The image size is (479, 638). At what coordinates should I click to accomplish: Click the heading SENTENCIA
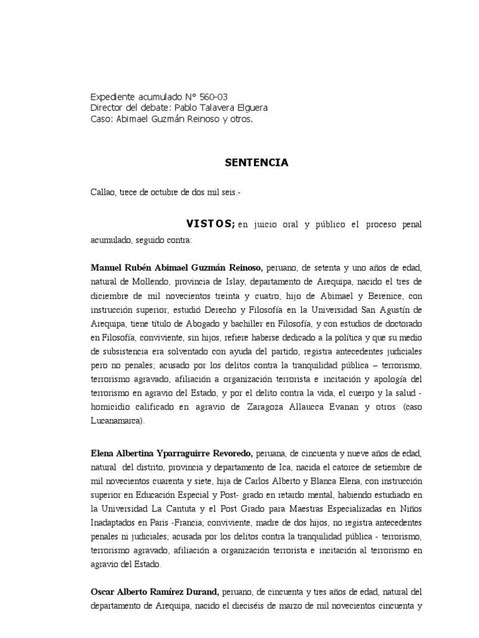tap(256, 163)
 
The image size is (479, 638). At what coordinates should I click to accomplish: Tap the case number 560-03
tap(214, 97)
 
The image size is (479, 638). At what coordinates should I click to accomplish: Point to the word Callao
tap(104, 193)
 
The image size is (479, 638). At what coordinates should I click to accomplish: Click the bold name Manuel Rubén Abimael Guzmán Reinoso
tap(177, 268)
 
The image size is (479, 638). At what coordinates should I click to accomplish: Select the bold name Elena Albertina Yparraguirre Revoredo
tap(172, 452)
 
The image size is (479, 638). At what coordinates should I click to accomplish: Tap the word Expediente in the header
tap(113, 97)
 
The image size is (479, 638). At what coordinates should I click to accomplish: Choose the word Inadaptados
tap(117, 523)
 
